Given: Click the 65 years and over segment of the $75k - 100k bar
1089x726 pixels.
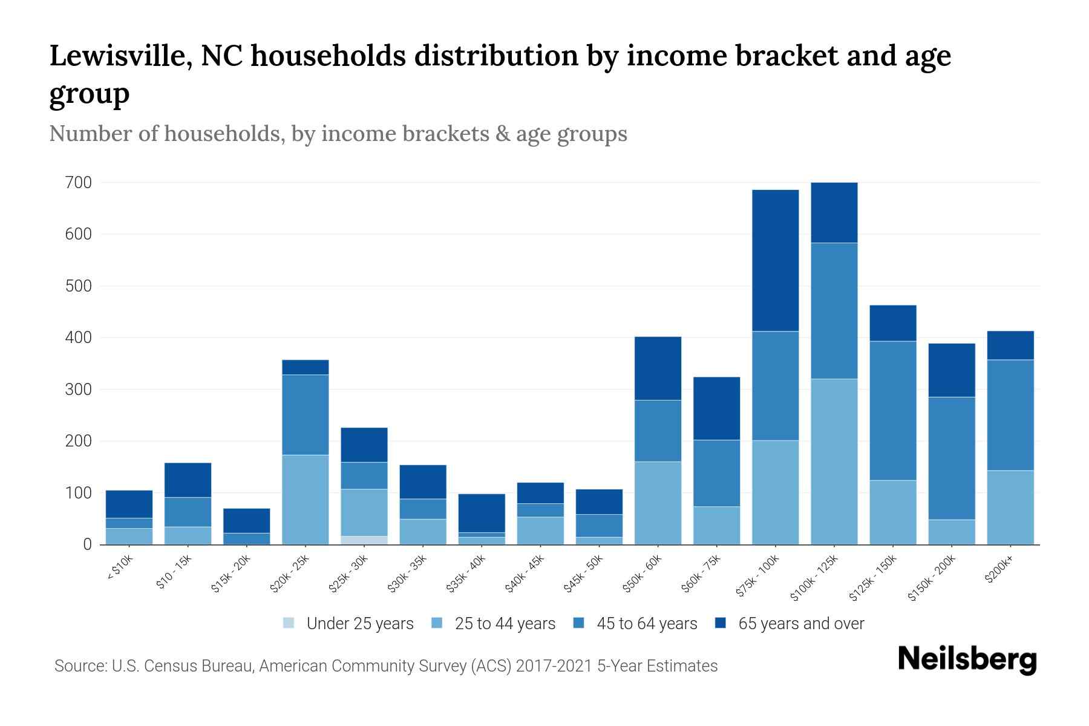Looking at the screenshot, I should point(775,260).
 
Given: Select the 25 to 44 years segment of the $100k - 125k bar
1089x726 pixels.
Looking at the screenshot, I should point(834,461).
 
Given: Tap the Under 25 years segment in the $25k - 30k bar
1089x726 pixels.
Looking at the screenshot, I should point(364,540).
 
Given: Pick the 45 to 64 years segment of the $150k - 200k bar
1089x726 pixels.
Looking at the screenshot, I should point(952,458).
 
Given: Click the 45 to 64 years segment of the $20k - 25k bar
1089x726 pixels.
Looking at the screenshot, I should point(306,414).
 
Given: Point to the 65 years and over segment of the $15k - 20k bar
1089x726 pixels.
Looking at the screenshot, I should point(247,520).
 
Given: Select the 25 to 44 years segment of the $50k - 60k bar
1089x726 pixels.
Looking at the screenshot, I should point(658,503).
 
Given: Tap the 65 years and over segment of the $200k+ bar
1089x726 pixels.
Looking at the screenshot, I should point(1010,345).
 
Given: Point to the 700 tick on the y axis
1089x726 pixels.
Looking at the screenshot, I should point(79,183).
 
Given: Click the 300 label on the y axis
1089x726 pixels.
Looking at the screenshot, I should point(79,390).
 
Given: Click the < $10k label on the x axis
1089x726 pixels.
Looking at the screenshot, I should point(120,569).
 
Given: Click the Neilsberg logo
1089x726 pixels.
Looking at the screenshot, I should point(967,659).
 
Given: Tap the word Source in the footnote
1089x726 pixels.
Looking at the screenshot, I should point(78,666).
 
